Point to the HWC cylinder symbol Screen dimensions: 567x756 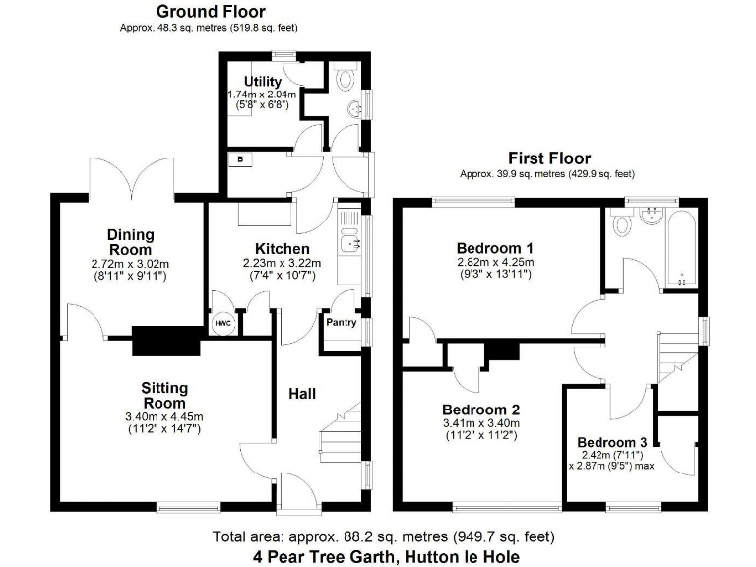(221, 324)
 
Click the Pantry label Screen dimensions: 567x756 (341, 322)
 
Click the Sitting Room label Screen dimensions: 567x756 (163, 396)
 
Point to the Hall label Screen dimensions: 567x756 (301, 394)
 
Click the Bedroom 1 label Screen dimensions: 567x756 (494, 247)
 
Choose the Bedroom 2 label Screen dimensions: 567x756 (480, 409)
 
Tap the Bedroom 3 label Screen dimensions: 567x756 (612, 442)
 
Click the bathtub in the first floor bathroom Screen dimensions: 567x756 (678, 246)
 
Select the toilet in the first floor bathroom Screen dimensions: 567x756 (622, 224)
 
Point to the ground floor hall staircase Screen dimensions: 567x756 (339, 433)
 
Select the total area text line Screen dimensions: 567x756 (384, 536)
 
